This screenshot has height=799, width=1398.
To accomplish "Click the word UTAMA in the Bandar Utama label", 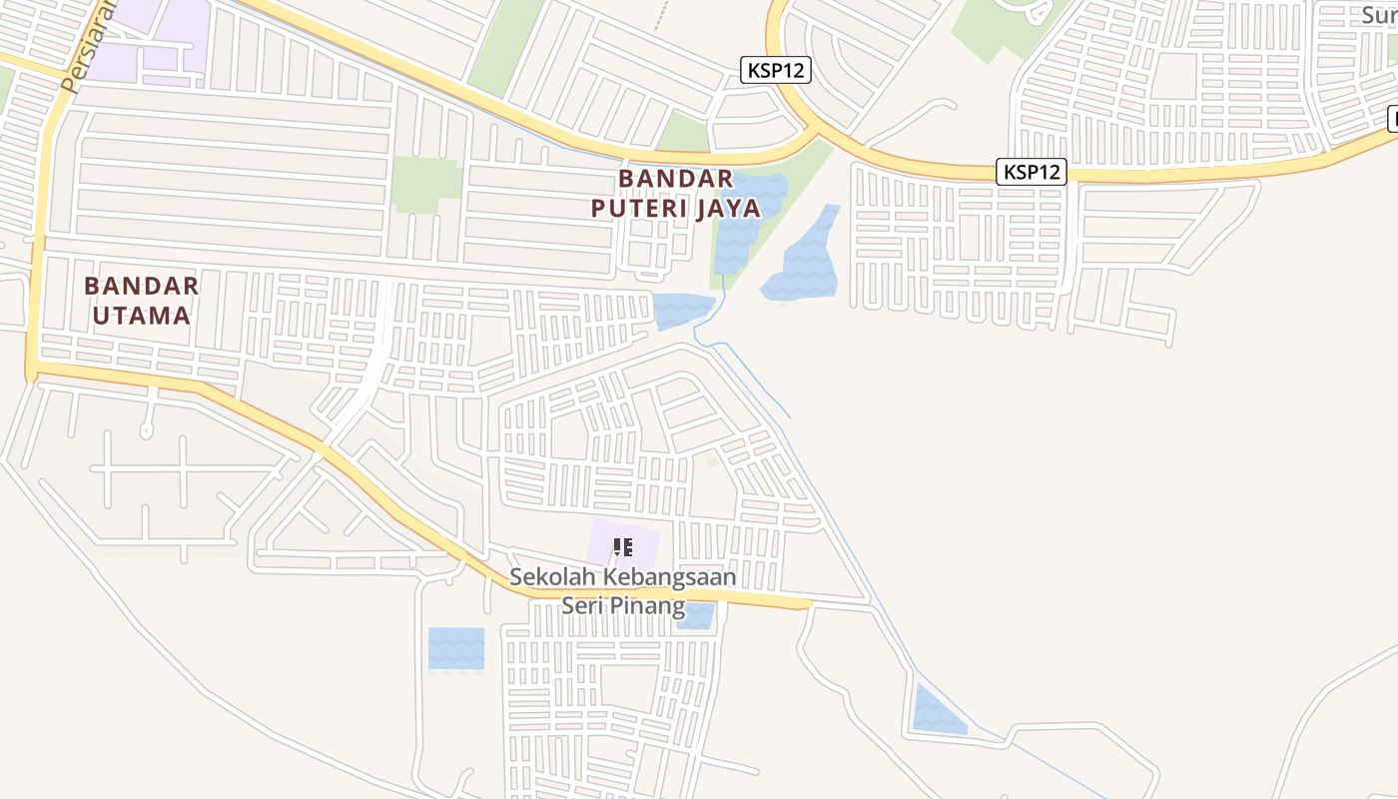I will point(141,316).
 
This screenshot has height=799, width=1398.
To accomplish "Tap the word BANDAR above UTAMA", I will point(141,286).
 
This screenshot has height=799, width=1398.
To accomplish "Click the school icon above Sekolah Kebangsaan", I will point(623,546).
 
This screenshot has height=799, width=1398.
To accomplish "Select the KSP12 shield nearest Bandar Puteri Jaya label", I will point(776,70).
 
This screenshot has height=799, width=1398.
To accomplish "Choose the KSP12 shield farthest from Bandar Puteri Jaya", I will point(1032,172).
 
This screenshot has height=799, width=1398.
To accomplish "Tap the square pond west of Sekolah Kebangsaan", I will point(455,648).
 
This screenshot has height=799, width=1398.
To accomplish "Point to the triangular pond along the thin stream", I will point(936,712).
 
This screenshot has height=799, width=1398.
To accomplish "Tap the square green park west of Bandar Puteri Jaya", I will point(426,184).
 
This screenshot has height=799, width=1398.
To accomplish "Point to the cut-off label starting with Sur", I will point(1378,14).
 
